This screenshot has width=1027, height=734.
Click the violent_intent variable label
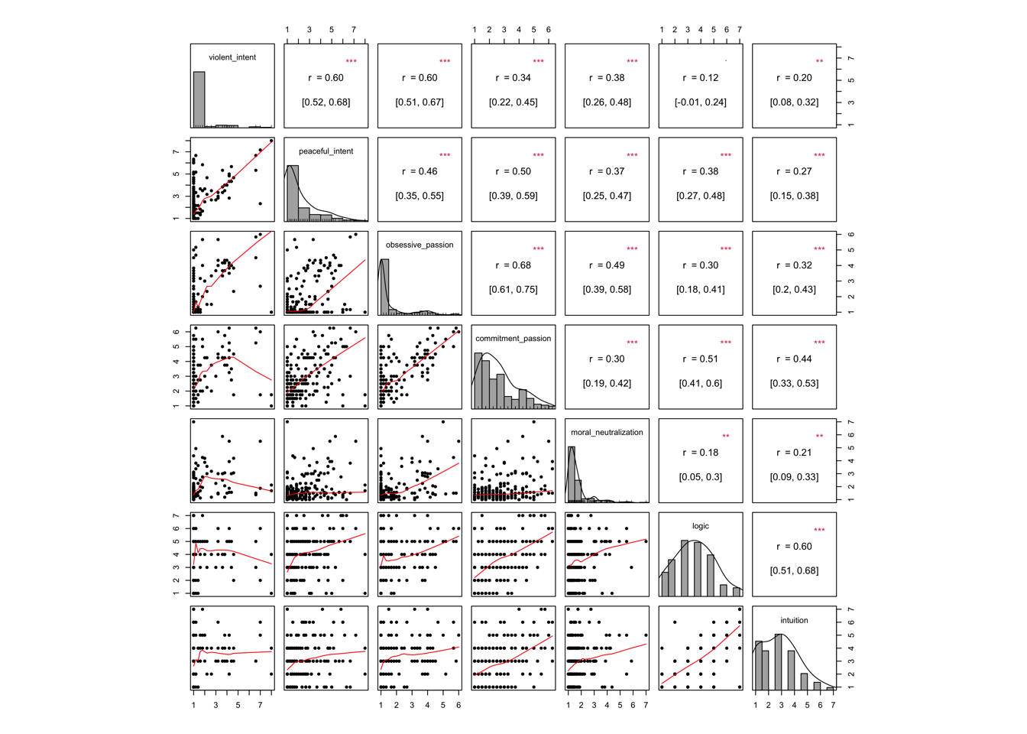click(232, 57)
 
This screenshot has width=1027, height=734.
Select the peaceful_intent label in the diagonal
click(326, 151)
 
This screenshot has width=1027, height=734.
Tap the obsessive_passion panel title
click(420, 245)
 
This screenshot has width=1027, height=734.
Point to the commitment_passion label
click(513, 339)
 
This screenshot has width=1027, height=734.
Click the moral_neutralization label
click(607, 433)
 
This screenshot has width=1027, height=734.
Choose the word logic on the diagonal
click(700, 526)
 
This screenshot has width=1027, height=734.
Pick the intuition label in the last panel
click(794, 620)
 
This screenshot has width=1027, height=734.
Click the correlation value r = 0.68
click(513, 265)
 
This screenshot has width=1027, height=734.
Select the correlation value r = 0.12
click(700, 78)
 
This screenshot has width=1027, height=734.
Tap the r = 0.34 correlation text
click(513, 78)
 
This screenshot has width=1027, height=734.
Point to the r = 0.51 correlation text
click(700, 359)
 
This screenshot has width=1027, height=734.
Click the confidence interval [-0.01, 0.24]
click(700, 102)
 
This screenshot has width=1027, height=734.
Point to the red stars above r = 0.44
click(819, 343)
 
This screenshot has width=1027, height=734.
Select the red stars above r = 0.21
click(819, 437)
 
